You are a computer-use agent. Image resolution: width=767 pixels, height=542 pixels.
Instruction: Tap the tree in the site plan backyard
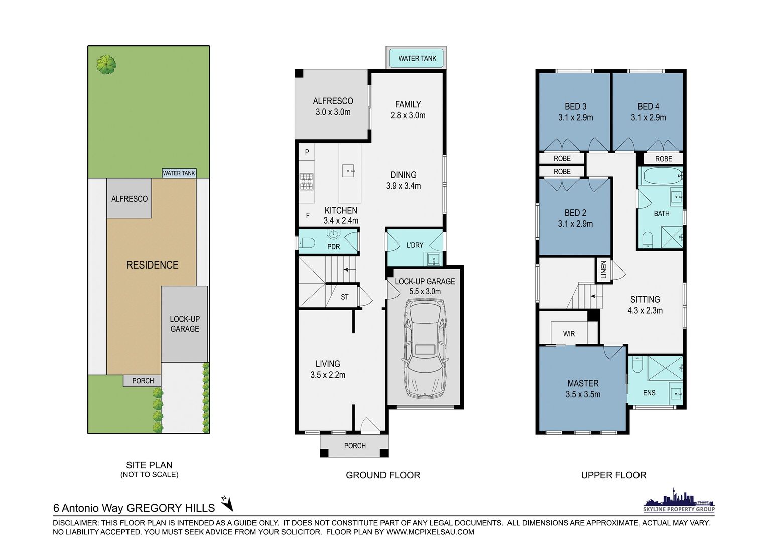click(106, 64)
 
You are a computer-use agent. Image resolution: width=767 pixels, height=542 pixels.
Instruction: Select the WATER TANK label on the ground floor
click(417, 59)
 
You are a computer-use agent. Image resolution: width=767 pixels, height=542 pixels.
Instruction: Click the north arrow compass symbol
click(227, 503)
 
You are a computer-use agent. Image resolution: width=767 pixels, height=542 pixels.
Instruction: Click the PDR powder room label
click(333, 247)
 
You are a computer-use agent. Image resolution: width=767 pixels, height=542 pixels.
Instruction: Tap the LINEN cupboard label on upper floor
click(604, 270)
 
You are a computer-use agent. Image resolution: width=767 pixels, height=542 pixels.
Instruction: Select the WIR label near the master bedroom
click(569, 334)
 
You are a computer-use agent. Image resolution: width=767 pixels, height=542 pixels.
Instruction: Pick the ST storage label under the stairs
click(344, 297)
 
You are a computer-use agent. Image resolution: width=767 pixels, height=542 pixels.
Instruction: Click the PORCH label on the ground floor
click(355, 446)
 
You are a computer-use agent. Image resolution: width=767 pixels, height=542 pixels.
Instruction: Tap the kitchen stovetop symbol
click(307, 182)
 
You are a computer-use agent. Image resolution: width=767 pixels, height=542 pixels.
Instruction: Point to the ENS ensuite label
click(649, 393)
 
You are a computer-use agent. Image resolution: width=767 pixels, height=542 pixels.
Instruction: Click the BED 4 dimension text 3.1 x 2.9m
click(648, 118)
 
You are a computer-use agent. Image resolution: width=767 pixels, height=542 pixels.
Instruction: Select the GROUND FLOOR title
click(383, 475)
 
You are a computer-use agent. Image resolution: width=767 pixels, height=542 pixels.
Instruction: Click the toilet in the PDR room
click(307, 243)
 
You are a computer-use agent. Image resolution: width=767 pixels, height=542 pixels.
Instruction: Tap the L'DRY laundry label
click(415, 245)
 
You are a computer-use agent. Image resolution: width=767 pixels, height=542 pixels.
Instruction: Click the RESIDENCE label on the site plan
click(153, 265)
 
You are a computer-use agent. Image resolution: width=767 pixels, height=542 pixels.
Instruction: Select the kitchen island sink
click(348, 170)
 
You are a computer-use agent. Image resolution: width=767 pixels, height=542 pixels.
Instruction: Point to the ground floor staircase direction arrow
click(349, 270)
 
